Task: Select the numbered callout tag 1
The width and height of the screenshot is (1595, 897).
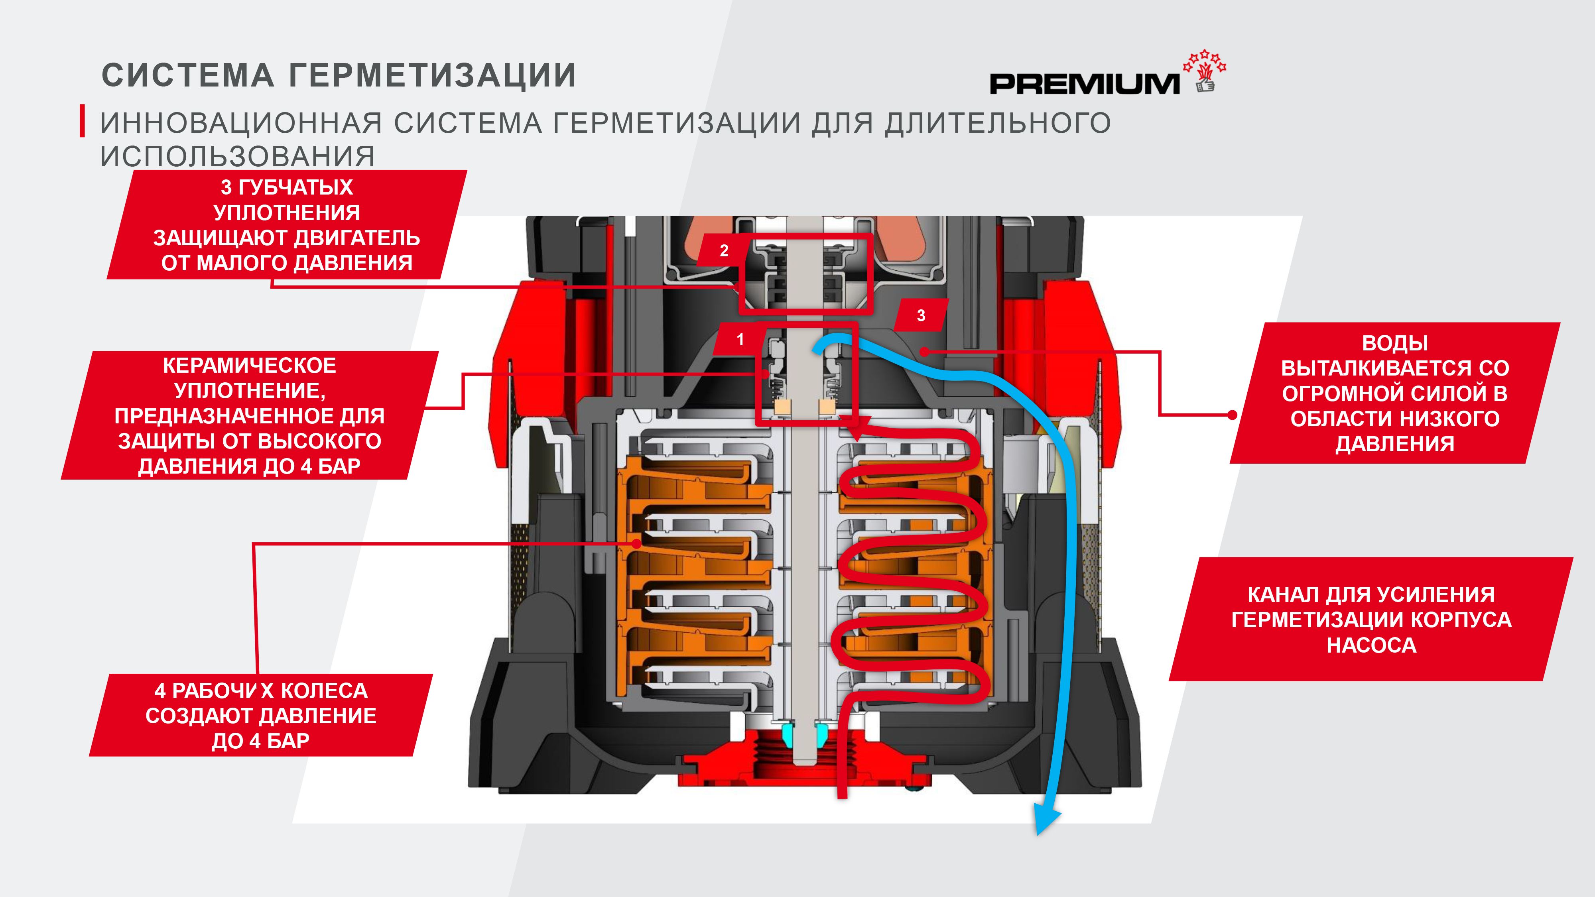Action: tap(740, 339)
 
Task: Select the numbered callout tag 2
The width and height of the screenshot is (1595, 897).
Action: tap(724, 251)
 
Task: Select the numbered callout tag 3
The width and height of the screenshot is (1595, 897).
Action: tap(921, 316)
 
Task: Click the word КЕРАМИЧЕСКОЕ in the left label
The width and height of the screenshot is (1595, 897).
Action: tap(250, 365)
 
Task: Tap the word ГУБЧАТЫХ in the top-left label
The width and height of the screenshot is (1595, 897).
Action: tap(295, 187)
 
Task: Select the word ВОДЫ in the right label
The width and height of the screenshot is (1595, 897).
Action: tap(1394, 343)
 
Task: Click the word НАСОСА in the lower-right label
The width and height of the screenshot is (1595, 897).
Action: tap(1371, 645)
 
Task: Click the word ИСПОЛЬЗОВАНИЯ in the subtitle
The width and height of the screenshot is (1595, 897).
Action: tap(237, 156)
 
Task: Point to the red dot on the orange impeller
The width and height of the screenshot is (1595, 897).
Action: tap(636, 543)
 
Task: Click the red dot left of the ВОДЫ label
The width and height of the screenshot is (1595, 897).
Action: tap(1232, 415)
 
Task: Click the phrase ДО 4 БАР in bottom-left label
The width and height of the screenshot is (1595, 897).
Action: tap(261, 741)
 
